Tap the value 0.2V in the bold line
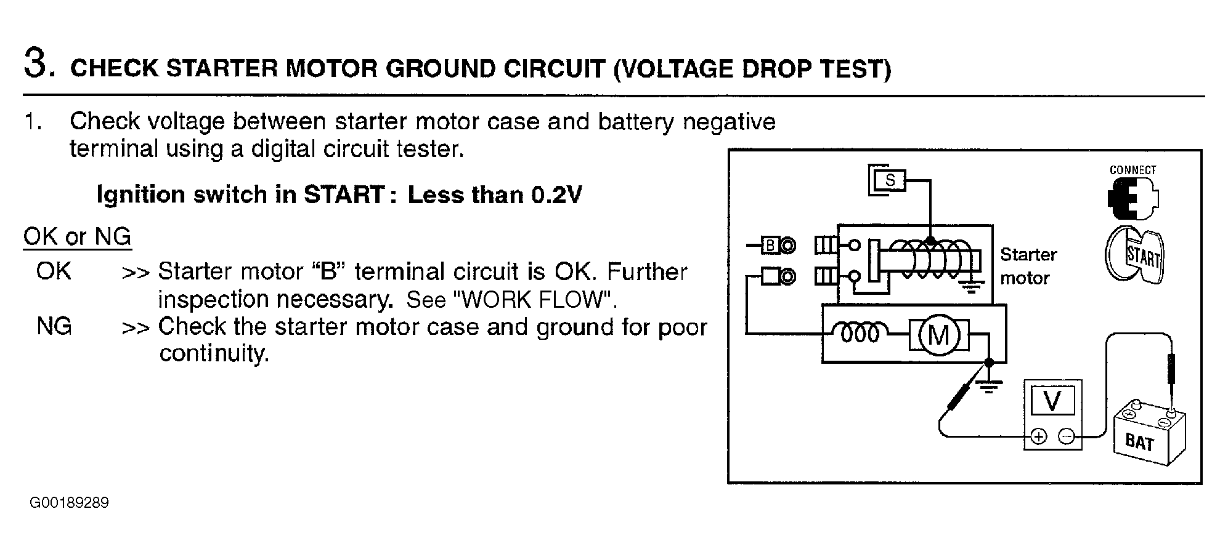[x=556, y=195]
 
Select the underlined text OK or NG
[x=77, y=236]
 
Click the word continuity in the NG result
[x=214, y=353]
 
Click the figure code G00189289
[x=69, y=503]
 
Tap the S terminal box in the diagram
[x=890, y=180]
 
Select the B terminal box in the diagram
[x=770, y=246]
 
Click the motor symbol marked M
[x=938, y=335]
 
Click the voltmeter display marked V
[x=1052, y=401]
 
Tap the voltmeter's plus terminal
[x=1039, y=437]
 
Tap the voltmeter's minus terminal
[x=1067, y=437]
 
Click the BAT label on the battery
[x=1139, y=442]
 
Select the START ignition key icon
[x=1134, y=254]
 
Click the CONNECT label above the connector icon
[x=1132, y=170]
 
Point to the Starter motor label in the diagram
[x=1028, y=266]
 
